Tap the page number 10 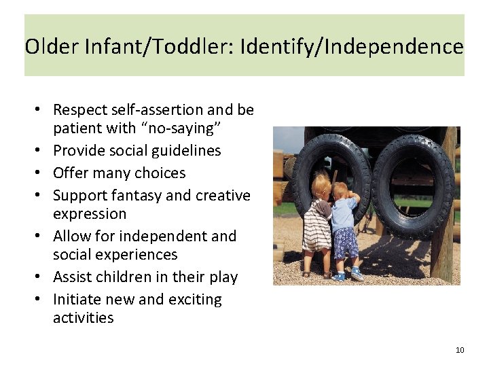click(460, 350)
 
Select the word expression click(90, 213)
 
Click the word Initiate click(78, 299)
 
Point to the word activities click(84, 317)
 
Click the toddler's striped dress click(316, 227)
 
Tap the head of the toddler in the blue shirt click(341, 191)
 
